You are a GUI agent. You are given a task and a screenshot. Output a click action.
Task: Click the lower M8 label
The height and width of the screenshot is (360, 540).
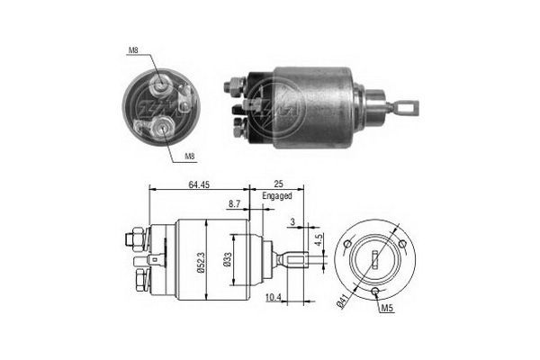pos(191,157)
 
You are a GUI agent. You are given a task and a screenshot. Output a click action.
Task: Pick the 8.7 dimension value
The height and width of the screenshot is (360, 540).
pos(235,205)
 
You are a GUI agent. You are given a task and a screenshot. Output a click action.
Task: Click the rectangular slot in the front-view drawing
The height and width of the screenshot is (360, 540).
pos(373,261)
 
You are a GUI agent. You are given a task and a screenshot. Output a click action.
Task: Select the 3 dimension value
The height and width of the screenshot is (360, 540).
pos(292,220)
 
